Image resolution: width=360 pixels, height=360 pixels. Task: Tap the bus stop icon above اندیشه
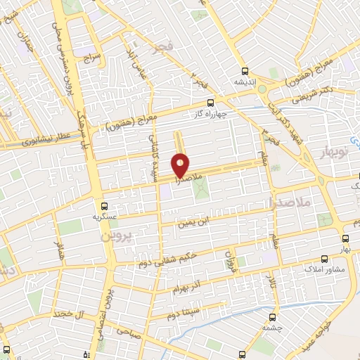coord(245,70)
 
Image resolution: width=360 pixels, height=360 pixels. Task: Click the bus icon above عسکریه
coord(105,206)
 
